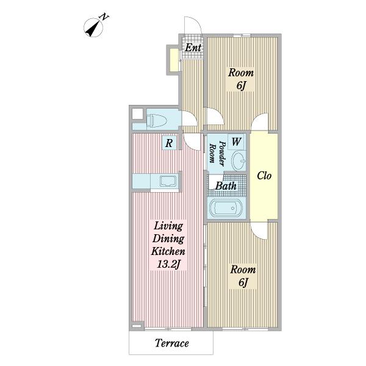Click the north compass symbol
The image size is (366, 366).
[x=93, y=28]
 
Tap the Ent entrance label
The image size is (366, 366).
[x=193, y=48]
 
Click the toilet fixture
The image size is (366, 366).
[x=156, y=120]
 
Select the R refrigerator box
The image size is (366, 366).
[x=169, y=143]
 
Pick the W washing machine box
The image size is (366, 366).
[x=237, y=142]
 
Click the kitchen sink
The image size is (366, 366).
[x=168, y=181]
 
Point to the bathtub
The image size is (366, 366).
[x=226, y=208]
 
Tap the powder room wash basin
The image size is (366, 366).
[x=239, y=160]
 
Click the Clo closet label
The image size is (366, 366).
[x=264, y=176]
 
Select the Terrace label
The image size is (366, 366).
[x=172, y=343]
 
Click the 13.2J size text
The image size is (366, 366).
[x=168, y=265]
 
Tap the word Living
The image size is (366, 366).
[x=168, y=226]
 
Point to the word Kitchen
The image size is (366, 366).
[x=168, y=251]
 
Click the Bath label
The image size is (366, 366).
[x=226, y=186]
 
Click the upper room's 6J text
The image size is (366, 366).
[x=241, y=85]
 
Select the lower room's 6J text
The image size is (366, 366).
[x=243, y=282]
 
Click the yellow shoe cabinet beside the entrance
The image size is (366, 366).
[x=174, y=60]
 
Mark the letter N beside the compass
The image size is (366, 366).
[x=104, y=17]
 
